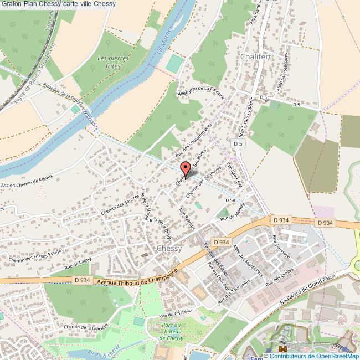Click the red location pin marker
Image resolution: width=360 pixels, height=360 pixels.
(x=186, y=168)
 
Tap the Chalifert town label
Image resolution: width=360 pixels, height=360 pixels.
(x=255, y=56)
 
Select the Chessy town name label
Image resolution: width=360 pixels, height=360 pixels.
(x=169, y=249)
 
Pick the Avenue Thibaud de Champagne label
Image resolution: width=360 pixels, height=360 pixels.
(x=141, y=279)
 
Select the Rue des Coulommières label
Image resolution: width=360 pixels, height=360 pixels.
(x=193, y=139)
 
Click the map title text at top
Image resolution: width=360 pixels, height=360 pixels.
(x=58, y=4)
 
